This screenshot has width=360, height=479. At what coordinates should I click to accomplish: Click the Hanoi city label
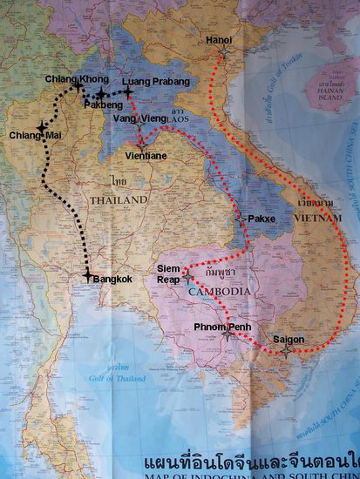click(219, 40)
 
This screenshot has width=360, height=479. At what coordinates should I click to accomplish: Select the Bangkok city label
click(112, 279)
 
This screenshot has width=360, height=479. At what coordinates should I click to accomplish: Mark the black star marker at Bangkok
click(86, 276)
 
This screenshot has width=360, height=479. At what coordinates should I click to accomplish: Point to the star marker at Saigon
click(288, 351)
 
